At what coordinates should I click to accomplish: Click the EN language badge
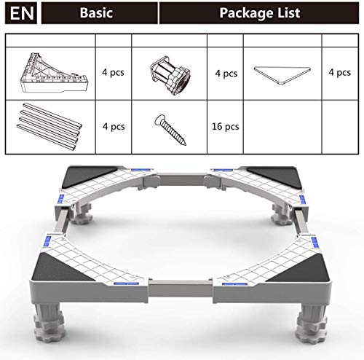pyautogui.click(x=20, y=12)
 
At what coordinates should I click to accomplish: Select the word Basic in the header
pyautogui.click(x=97, y=12)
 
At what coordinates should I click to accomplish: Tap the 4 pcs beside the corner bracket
pyautogui.click(x=114, y=73)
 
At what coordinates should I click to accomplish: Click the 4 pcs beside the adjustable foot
pyautogui.click(x=227, y=73)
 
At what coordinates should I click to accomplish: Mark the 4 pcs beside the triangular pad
pyautogui.click(x=339, y=73)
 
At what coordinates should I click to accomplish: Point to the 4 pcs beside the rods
pyautogui.click(x=114, y=125)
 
